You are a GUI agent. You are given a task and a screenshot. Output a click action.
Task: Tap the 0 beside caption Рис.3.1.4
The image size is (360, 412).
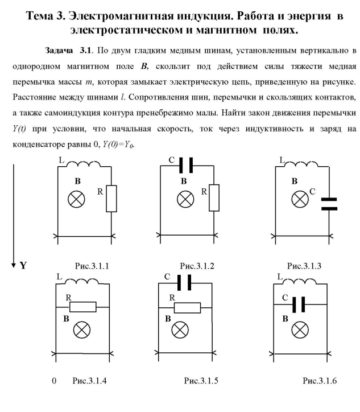pos(53,381)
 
